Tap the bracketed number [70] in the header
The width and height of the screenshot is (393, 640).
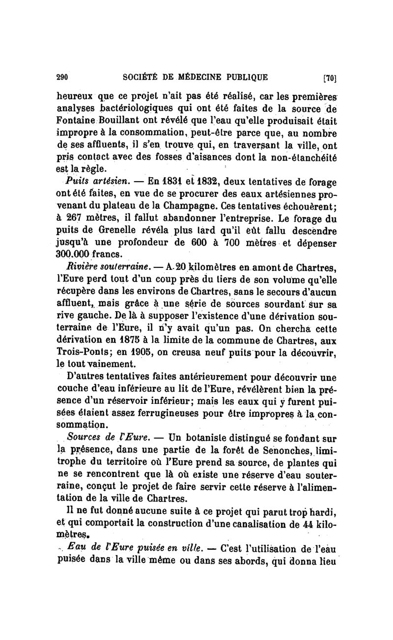tap(329, 77)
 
